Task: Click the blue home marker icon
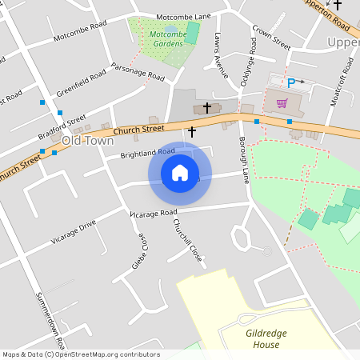click(180, 173)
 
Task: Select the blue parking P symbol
click(291, 82)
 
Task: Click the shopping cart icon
click(282, 102)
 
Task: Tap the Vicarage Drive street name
click(74, 230)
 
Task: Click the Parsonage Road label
click(138, 72)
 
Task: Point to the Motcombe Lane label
click(183, 16)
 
